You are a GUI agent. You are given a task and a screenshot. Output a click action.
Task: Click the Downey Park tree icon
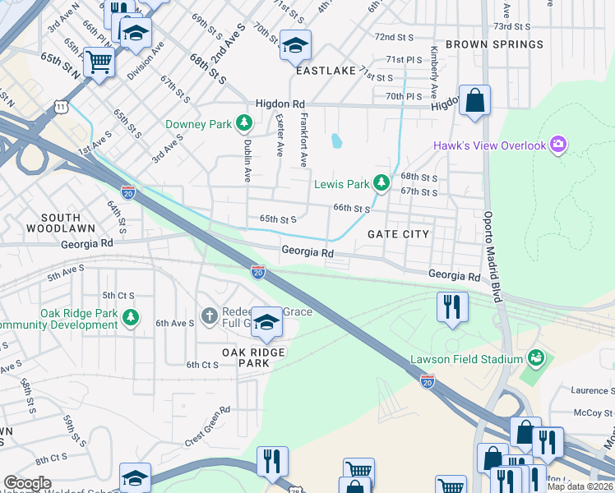click(243, 124)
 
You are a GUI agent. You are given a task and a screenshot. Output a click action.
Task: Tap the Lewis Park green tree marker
click(381, 182)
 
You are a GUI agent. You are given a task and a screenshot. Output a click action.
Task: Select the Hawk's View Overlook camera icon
click(559, 145)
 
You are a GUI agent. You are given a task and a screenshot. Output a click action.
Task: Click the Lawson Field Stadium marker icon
click(536, 358)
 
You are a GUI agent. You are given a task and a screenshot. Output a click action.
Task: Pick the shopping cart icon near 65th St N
click(99, 61)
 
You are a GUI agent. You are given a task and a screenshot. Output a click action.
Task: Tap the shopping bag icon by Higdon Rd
click(474, 100)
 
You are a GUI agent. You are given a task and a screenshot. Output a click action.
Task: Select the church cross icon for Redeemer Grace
click(210, 316)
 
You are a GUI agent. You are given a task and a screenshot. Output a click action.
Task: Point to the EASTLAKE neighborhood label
click(325, 71)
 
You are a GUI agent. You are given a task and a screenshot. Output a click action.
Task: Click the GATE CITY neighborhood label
click(398, 234)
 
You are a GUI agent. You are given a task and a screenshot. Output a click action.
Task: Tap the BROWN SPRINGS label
click(494, 44)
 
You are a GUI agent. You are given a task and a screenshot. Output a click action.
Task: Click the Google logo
click(27, 483)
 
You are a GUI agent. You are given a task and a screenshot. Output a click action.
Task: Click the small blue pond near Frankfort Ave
click(336, 141)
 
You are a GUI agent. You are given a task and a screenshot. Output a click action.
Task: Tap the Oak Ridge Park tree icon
click(130, 316)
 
